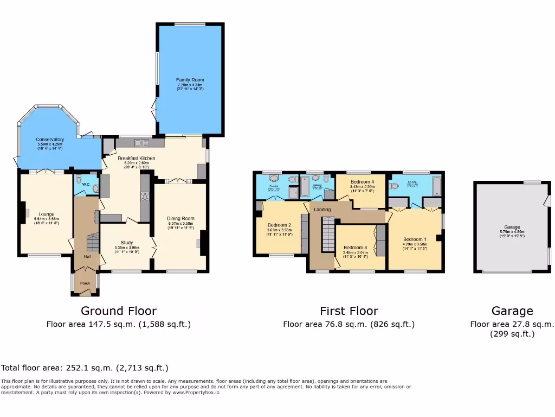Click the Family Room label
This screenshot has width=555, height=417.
click(x=190, y=80)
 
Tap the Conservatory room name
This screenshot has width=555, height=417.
click(x=50, y=140)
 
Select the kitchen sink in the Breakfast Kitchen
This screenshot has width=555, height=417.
click(x=142, y=143)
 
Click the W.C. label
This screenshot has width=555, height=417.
click(x=86, y=184)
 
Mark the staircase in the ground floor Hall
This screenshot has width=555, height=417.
click(x=93, y=242)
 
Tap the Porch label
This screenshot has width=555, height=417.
click(x=85, y=283)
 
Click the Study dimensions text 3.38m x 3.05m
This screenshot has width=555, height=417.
click(x=127, y=248)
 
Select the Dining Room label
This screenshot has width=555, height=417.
click(x=181, y=218)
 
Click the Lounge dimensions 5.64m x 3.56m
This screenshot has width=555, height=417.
click(x=46, y=219)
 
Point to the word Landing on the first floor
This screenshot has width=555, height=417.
click(x=322, y=209)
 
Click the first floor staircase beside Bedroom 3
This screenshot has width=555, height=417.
click(x=328, y=233)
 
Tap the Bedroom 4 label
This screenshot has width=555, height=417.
click(x=362, y=181)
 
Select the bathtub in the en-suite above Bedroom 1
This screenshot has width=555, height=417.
click(x=436, y=187)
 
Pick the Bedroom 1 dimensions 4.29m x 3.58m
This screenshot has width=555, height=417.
click(x=415, y=244)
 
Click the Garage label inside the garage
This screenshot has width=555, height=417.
click(x=512, y=227)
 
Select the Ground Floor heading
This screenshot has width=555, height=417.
click(x=119, y=311)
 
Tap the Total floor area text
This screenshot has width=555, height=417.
click(x=85, y=368)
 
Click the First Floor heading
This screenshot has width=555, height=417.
click(x=349, y=311)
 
